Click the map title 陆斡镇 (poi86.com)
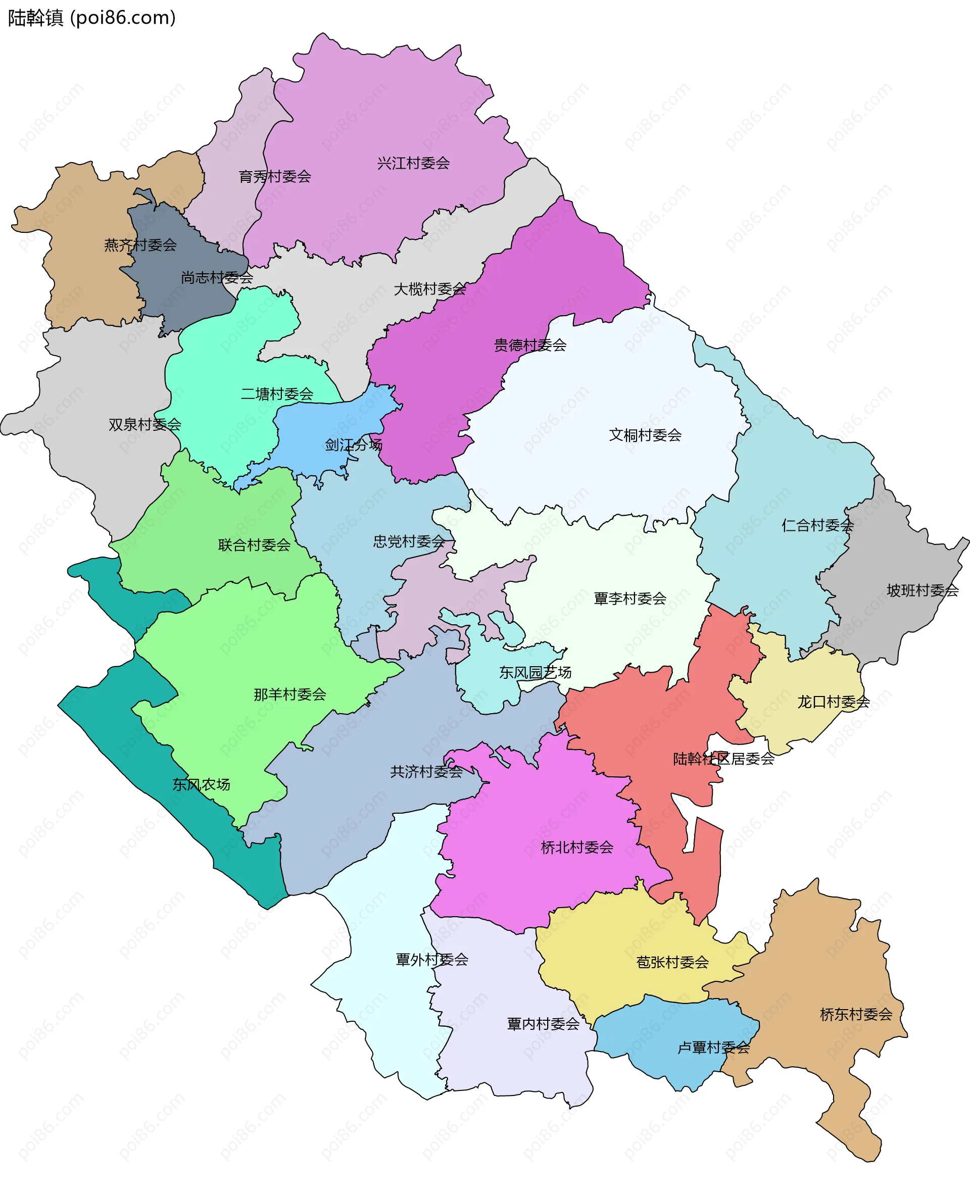91,18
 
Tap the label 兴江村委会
413,163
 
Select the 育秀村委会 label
275,177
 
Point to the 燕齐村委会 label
140,244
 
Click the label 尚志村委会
217,277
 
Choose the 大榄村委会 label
430,289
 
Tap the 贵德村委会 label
529,345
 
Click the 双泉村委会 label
144,425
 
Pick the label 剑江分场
354,444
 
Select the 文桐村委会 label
645,435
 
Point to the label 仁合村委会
817,525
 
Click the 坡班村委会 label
923,590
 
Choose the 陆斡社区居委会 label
723,759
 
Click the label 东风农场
201,784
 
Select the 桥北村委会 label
576,848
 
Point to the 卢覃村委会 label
713,1048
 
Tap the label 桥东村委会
855,1015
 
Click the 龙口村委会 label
833,702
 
